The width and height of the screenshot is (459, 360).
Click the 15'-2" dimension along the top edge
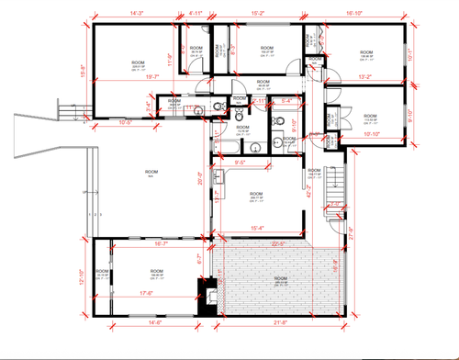(258, 14)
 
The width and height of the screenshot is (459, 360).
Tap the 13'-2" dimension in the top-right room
(365, 77)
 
